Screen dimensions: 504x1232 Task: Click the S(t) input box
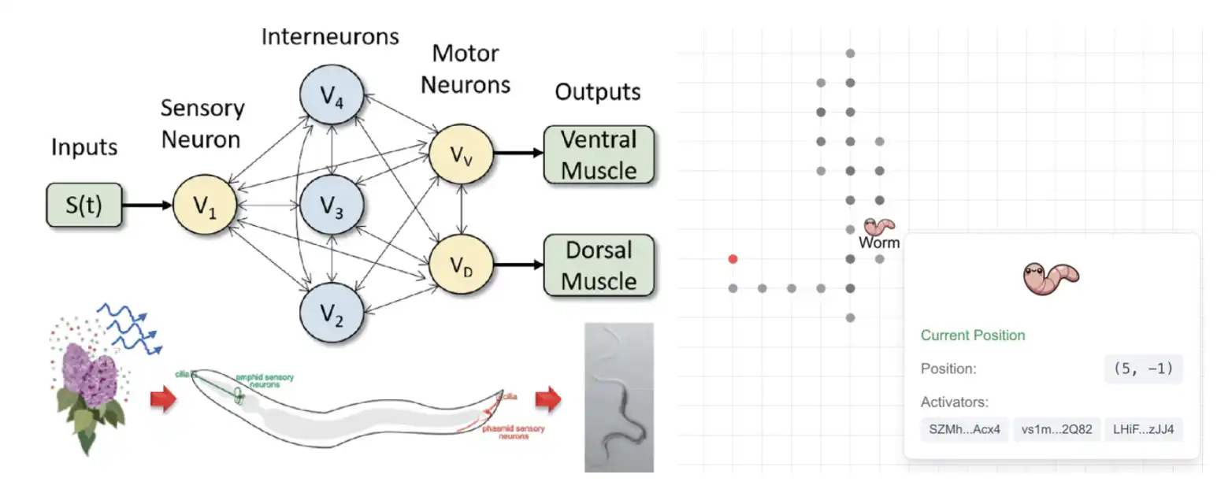84,206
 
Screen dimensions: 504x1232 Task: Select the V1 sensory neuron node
204,206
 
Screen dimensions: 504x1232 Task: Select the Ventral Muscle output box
599,155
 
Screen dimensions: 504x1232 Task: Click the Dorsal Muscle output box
599,265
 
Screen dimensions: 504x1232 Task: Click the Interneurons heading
330,37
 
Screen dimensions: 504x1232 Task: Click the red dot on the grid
733,258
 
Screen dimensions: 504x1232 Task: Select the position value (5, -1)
1143,369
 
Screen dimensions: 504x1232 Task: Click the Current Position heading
973,335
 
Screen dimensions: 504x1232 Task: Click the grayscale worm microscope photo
619,398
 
